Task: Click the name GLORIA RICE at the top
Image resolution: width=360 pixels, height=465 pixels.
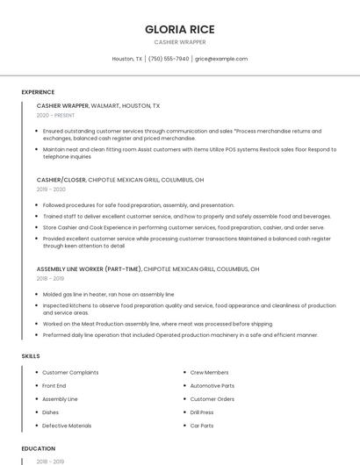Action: click(x=179, y=29)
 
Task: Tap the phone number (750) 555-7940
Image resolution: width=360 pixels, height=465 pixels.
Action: click(x=169, y=59)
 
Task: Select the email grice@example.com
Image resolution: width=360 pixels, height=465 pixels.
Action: click(x=221, y=59)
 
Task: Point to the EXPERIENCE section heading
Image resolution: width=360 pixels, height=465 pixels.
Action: click(x=38, y=92)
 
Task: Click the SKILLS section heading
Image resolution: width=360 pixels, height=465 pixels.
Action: click(x=31, y=356)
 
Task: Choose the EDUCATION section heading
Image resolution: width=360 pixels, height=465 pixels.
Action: click(x=38, y=448)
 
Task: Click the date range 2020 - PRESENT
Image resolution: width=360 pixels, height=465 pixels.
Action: click(x=55, y=115)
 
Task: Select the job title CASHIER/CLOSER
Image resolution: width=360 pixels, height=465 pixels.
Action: click(x=61, y=179)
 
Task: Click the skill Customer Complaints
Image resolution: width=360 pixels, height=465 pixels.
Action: click(x=70, y=373)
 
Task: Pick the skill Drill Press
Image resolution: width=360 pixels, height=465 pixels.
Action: click(x=202, y=412)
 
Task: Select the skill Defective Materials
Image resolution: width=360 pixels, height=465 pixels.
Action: click(x=67, y=426)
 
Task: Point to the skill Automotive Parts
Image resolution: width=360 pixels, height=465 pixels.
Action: click(x=212, y=386)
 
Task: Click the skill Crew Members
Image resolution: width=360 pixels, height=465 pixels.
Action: click(x=209, y=373)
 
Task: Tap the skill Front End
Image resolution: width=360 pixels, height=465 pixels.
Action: click(x=54, y=386)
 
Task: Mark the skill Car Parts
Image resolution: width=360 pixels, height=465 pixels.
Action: click(x=202, y=426)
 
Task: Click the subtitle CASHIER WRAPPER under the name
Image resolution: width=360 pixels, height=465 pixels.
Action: click(x=179, y=42)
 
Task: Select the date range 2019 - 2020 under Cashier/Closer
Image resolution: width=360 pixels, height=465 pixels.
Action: click(x=51, y=190)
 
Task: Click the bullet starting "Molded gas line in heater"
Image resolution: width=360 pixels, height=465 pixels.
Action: click(x=108, y=295)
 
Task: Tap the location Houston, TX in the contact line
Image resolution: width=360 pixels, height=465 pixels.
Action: click(x=127, y=59)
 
